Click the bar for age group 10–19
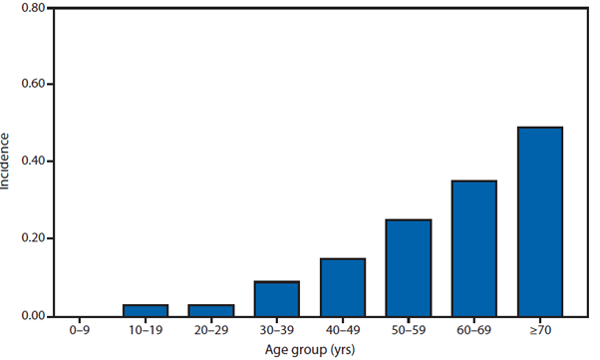tap(146, 310)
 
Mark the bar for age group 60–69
tap(474, 248)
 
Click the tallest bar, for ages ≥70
tap(540, 221)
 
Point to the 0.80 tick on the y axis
tap(31, 8)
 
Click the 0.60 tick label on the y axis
tap(31, 85)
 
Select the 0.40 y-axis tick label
tap(31, 162)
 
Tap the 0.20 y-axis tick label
tap(31, 239)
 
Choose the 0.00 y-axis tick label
tap(31, 316)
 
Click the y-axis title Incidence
tap(8, 162)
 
